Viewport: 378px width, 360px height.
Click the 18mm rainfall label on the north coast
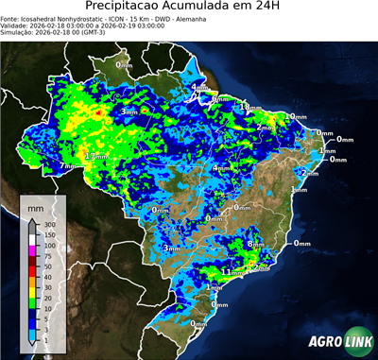(249, 108)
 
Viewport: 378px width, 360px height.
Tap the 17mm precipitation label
(96, 155)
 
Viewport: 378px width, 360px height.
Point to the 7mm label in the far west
(67, 166)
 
